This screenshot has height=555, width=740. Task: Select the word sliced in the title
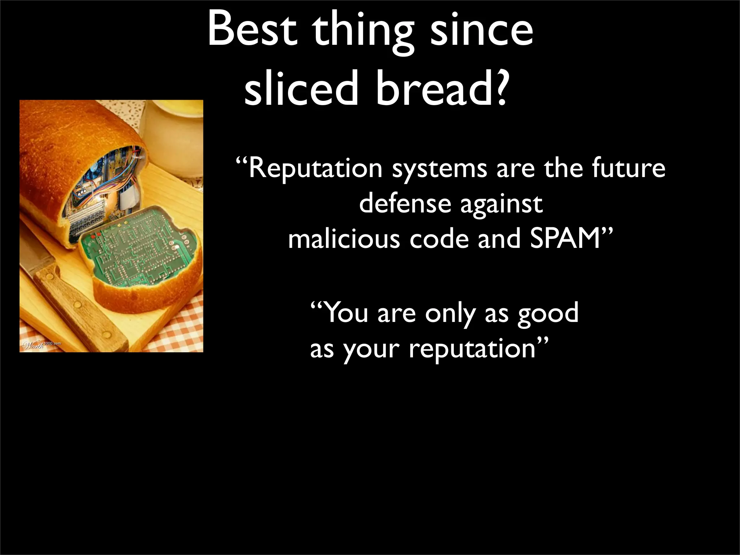click(x=300, y=89)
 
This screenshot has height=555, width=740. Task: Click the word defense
click(x=405, y=204)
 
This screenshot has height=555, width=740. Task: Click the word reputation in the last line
click(x=472, y=349)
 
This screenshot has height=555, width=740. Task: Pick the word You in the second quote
click(x=347, y=313)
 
